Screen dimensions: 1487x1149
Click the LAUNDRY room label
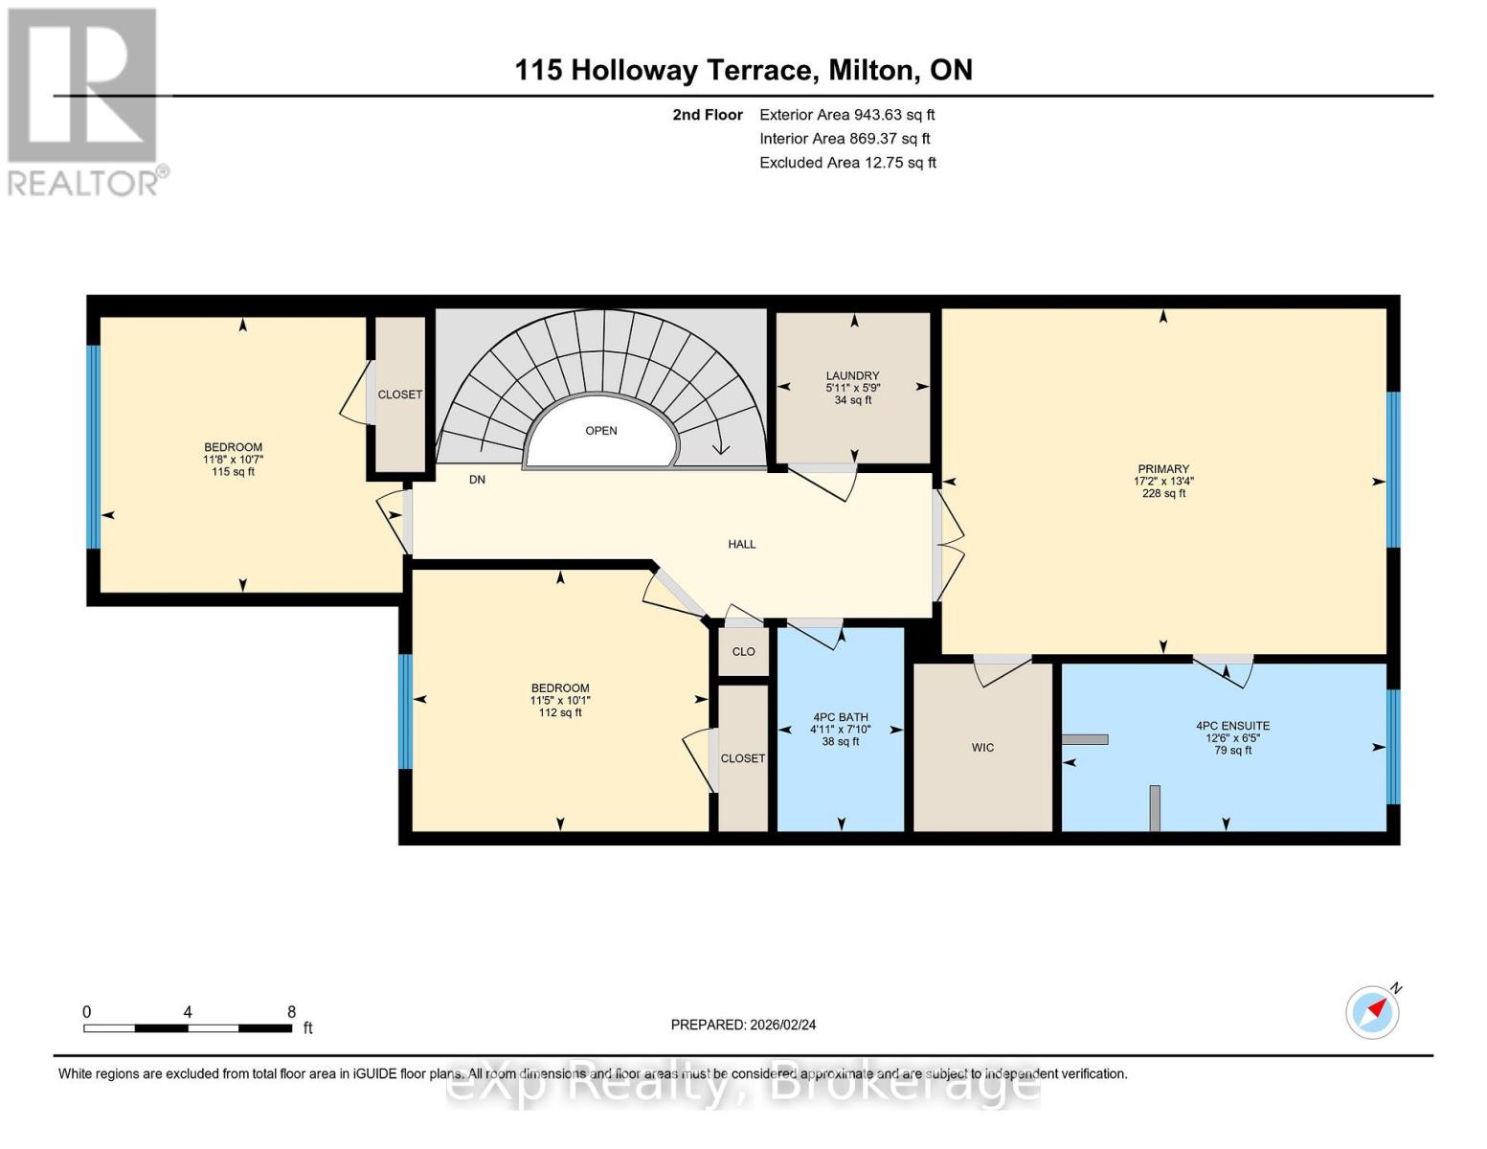coord(852,375)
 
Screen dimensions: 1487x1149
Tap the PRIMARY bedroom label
coord(1163,469)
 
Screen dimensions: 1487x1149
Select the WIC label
coord(982,747)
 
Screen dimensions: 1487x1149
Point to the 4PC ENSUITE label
coord(1232,726)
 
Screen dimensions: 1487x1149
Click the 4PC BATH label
coord(841,717)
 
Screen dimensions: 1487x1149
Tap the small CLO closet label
coord(743,651)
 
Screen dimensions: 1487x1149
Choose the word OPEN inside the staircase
coord(600,431)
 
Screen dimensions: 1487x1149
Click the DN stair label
coord(477,480)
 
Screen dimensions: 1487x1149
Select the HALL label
coord(742,544)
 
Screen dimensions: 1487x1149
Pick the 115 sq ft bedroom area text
coord(234,471)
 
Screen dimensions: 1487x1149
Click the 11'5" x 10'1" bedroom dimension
coord(560,700)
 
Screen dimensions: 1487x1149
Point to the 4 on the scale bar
coord(188,1011)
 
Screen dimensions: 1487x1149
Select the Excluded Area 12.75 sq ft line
coord(847,162)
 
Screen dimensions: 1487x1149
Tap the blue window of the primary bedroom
coord(1392,469)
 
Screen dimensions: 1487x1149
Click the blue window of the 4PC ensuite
coord(1392,747)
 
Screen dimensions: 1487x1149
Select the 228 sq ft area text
coord(1163,493)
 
